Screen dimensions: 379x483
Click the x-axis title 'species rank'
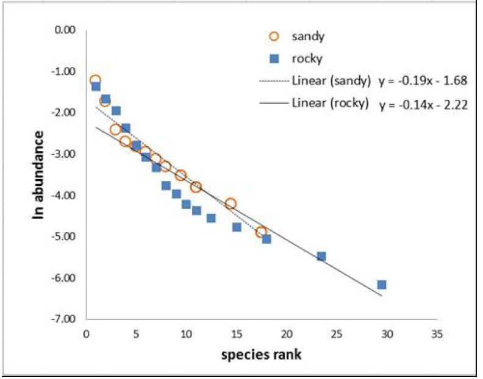tap(261, 355)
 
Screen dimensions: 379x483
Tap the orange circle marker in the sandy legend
tap(274, 37)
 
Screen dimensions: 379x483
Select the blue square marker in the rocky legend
tap(274, 58)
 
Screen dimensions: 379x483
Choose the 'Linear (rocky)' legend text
tap(330, 103)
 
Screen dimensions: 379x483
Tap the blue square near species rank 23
tap(321, 256)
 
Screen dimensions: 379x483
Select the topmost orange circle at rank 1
tap(95, 80)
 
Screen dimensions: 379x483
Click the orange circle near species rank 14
tap(231, 204)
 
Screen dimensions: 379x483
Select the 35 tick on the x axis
tap(435, 335)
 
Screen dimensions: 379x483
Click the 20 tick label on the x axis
tap(286, 335)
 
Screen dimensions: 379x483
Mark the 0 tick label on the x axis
tap(85, 335)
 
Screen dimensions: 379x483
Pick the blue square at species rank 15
tap(237, 227)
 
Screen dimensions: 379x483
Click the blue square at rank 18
tap(267, 239)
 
